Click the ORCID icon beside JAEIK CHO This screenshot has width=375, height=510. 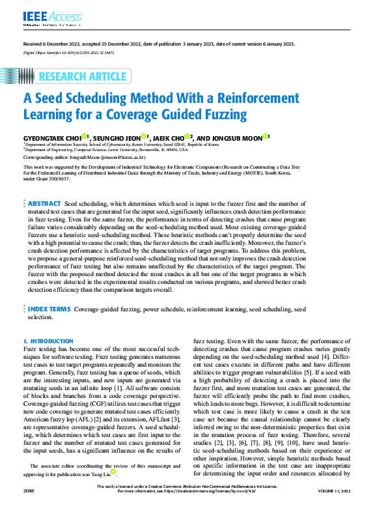[187, 137]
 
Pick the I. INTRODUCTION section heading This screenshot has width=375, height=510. [48, 341]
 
